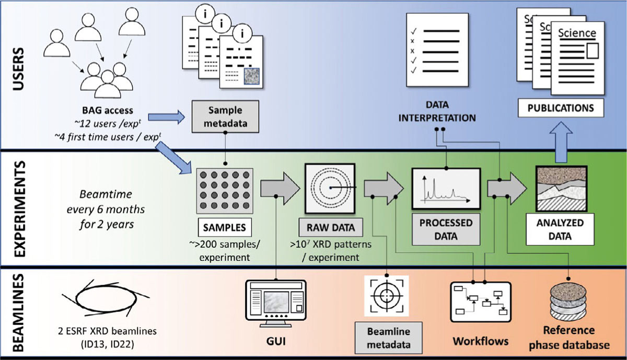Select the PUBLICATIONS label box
click(x=560, y=109)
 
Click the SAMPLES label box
click(x=224, y=228)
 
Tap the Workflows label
click(x=480, y=341)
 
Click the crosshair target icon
click(x=387, y=295)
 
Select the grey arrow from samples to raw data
click(x=278, y=187)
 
